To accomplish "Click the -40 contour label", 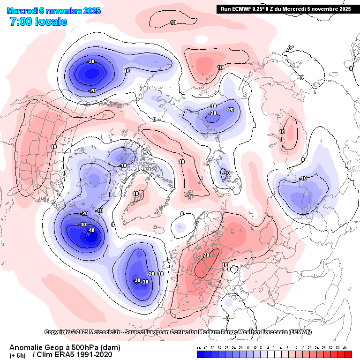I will [91, 230].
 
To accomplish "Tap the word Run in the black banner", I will [226, 8].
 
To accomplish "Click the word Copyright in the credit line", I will [57, 332].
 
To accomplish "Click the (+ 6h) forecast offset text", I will [18, 355].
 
